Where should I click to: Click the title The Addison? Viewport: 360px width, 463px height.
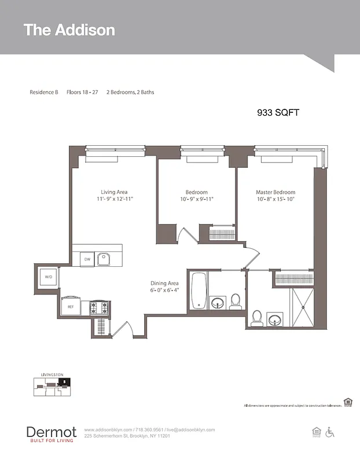tap(69, 30)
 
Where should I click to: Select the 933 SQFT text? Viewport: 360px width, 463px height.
tap(278, 113)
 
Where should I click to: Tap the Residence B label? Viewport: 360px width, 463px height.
tap(44, 92)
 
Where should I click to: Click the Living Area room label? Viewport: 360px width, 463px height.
tap(114, 192)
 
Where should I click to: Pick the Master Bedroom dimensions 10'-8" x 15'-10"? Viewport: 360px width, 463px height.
tap(275, 199)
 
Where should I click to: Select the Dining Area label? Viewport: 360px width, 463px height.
tap(165, 283)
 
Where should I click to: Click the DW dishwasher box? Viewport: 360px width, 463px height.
tap(87, 259)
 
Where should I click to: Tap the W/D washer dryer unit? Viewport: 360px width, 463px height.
tap(49, 277)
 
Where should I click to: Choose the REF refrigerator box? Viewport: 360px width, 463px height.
tap(71, 307)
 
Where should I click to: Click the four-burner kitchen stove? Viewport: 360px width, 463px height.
tap(99, 307)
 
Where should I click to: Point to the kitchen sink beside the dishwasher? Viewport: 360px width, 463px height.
tap(104, 259)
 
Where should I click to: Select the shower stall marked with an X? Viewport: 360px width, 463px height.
tap(300, 306)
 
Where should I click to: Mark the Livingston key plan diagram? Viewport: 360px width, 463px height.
tap(53, 385)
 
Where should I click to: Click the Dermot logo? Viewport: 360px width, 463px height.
tap(51, 432)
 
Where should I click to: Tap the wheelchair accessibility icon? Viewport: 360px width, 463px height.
tap(330, 432)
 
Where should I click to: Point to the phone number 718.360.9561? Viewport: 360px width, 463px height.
tap(149, 430)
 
